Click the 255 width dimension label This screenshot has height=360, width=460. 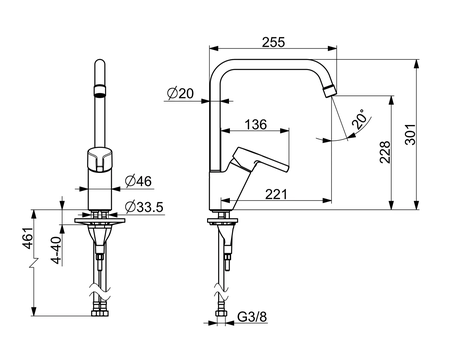pos(273,42)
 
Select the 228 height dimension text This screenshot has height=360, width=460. pos(385,152)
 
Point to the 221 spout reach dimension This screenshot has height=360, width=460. pos(276,194)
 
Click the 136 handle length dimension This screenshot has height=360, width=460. pos(256,124)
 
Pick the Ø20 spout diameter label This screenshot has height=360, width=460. pos(180,94)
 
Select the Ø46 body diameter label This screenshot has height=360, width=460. pos(138,181)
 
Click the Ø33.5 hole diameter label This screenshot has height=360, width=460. pos(144,207)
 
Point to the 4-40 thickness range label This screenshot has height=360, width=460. pos(57,250)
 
